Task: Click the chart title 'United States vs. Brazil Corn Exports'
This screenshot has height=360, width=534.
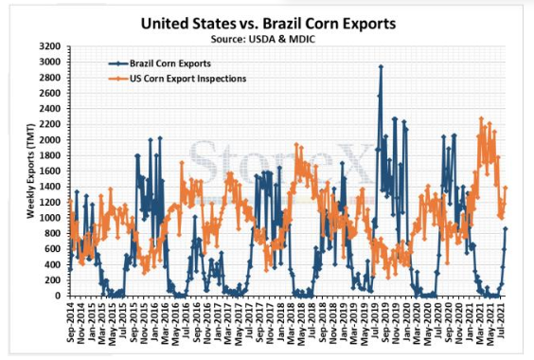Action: click(268, 24)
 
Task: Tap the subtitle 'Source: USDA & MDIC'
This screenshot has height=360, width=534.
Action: click(263, 39)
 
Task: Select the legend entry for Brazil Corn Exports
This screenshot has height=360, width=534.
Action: click(160, 63)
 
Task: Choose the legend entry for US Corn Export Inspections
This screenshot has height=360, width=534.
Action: click(177, 79)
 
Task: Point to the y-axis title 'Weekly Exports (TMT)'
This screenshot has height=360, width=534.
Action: click(30, 171)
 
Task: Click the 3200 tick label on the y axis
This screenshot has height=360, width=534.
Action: click(50, 46)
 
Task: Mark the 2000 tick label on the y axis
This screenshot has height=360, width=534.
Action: click(50, 140)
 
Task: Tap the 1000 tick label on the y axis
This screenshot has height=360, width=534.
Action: click(50, 218)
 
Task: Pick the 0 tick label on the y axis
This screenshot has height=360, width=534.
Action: click(58, 296)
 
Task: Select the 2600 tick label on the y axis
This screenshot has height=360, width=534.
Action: click(50, 93)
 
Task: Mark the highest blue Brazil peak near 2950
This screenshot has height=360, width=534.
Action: click(381, 67)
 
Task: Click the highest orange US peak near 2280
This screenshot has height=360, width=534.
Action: click(481, 118)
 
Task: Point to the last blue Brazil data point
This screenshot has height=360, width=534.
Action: click(506, 228)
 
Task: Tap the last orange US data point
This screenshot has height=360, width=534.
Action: click(506, 188)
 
